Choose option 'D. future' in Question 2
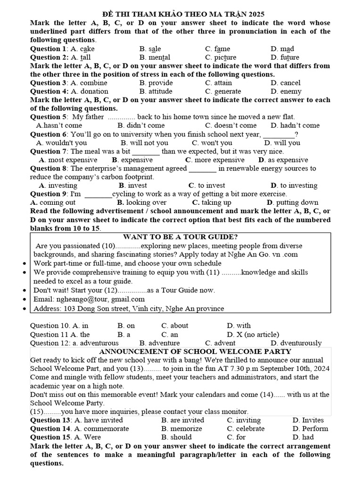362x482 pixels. click(285, 57)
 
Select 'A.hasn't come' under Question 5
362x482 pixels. click(59, 125)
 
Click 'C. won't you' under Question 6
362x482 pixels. click(212, 143)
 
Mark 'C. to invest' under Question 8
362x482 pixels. click(207, 185)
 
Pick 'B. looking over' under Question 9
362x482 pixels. click(142, 202)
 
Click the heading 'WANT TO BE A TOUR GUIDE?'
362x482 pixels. click(180, 237)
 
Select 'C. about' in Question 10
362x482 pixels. click(174, 325)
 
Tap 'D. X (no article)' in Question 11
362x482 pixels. click(253, 334)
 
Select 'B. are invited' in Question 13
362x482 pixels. click(182, 420)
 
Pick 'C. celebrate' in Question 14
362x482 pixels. click(246, 428)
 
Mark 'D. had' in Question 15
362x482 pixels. click(303, 437)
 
